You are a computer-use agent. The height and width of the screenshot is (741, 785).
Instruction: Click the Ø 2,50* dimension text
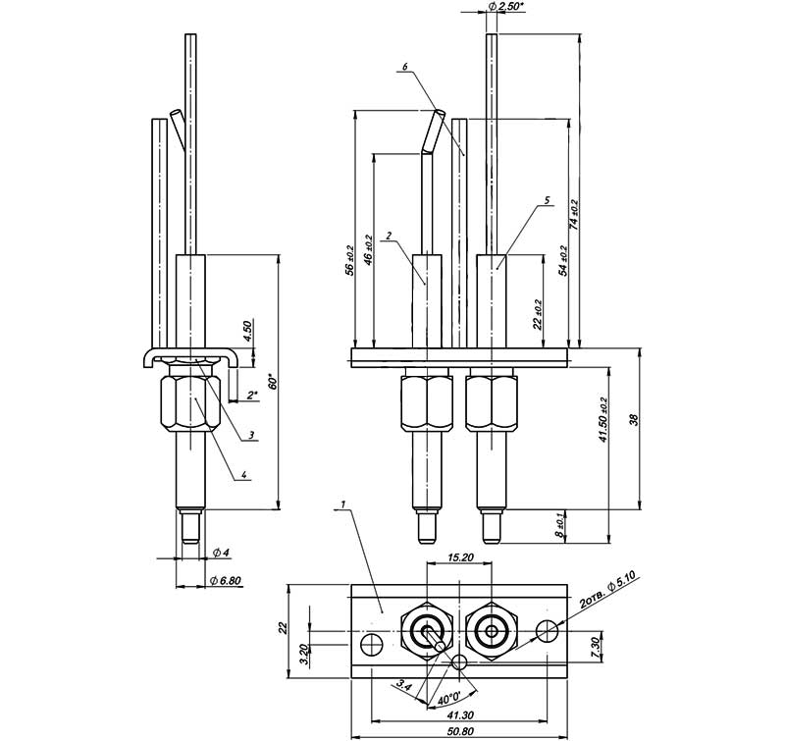507,7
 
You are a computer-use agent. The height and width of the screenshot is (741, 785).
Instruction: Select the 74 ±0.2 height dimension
574,215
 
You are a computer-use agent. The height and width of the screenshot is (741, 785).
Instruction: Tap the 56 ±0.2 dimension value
349,260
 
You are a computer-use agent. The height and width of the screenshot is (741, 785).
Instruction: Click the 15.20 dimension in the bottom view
460,557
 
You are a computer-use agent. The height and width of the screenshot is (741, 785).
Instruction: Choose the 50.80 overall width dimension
461,731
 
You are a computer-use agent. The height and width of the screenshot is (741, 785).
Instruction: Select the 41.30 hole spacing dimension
460,715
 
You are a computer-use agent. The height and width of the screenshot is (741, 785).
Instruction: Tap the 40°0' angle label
449,697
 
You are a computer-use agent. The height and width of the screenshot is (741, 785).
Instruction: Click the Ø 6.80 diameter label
227,581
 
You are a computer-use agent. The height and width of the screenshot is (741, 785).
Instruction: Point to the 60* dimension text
274,382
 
